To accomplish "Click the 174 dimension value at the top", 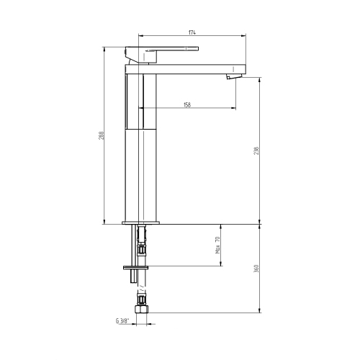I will pyautogui.click(x=193, y=32).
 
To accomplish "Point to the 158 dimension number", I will pyautogui.click(x=188, y=105).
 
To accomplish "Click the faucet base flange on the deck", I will pyautogui.click(x=141, y=221).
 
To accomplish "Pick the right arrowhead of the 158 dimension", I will pyautogui.click(x=235, y=109).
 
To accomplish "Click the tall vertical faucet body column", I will pyautogui.click(x=141, y=144).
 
